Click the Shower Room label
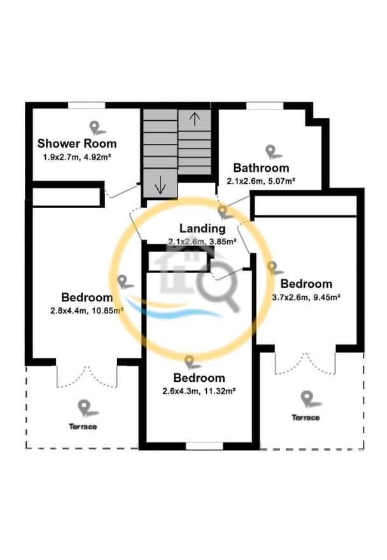(77, 144)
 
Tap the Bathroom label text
(261, 167)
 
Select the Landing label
(202, 228)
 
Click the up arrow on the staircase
(194, 119)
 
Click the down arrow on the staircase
(160, 185)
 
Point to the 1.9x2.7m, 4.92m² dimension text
(77, 157)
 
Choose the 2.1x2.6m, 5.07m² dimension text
(261, 181)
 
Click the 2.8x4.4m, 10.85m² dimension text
(87, 311)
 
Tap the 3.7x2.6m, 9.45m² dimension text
(306, 297)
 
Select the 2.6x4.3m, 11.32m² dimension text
(199, 391)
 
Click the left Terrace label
(83, 426)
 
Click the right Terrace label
(306, 417)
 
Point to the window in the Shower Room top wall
(87, 106)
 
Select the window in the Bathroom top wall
(265, 106)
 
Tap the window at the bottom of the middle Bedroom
(204, 446)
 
